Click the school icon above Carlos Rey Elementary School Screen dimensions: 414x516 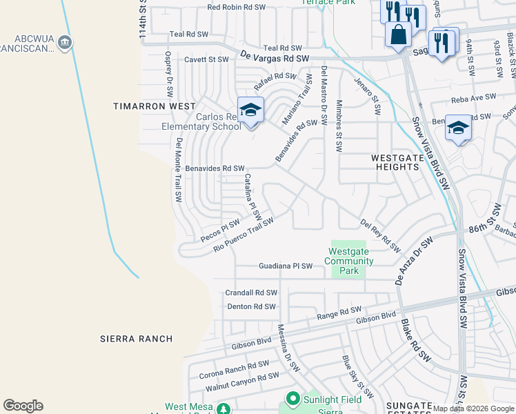tap(250, 110)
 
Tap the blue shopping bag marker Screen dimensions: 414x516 tap(398, 34)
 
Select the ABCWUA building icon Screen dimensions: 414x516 tap(64, 43)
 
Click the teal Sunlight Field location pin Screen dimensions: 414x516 tap(292, 399)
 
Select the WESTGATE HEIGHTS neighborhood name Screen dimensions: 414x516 tap(399, 162)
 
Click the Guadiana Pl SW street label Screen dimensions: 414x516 tap(286, 266)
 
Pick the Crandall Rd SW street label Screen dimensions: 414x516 tap(251, 293)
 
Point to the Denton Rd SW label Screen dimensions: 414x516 tap(251, 306)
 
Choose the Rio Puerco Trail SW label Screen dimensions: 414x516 tap(244, 235)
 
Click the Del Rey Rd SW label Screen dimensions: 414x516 tap(380, 235)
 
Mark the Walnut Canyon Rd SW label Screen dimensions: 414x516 tap(242, 382)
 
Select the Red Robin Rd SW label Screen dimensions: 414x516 tap(237, 7)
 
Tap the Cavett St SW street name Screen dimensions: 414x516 tap(206, 60)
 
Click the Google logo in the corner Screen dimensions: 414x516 tap(23, 406)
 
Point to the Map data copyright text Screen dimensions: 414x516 tap(473, 408)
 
